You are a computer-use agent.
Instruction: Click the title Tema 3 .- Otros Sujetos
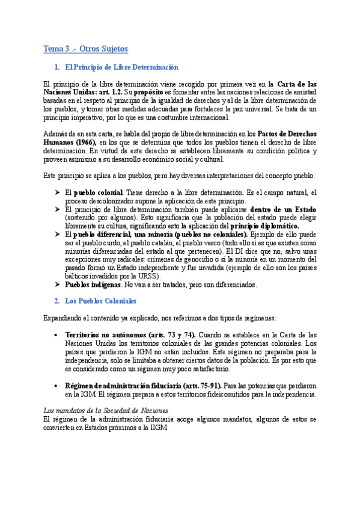tap(85, 48)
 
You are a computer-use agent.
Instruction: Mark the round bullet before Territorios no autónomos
tap(56, 334)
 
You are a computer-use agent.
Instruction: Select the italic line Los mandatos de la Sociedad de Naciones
tap(107, 409)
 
